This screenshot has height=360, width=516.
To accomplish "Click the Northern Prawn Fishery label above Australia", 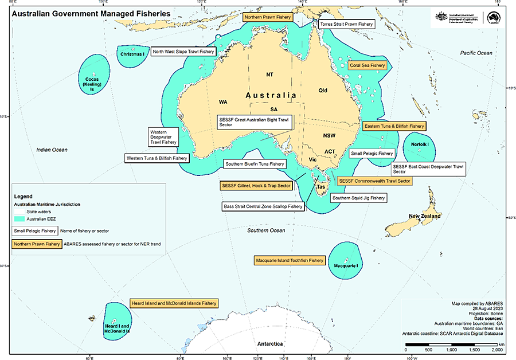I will (268, 18).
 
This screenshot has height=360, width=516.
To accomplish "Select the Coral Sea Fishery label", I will (368, 65).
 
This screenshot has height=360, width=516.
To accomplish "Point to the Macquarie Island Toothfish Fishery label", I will (290, 260).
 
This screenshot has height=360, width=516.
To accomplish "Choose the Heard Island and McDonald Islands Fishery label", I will (174, 303).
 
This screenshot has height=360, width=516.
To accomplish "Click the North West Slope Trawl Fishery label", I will (183, 52).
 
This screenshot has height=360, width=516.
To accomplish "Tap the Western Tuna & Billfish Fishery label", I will (157, 158).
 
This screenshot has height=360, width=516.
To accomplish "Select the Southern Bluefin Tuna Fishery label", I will (255, 164).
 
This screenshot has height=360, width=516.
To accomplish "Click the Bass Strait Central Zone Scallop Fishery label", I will (263, 206).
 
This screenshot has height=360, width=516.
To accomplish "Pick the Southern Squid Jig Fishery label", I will (359, 198).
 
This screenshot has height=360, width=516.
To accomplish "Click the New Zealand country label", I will (424, 216).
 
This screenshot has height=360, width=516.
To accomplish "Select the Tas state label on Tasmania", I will (321, 187).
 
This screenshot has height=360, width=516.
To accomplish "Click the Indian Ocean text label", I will (52, 150).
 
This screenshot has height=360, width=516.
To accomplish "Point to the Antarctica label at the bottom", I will (270, 344).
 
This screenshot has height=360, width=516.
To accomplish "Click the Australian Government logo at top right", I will (459, 18).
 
